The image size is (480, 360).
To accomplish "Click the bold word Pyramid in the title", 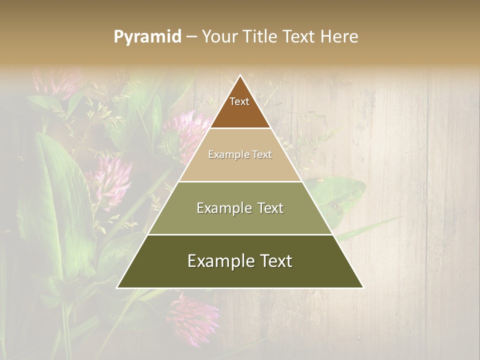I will [x=147, y=37].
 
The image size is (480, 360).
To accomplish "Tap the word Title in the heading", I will [x=260, y=36].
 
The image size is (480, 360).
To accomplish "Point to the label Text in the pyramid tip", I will [x=239, y=101].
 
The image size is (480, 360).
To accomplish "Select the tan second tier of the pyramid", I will [x=240, y=167].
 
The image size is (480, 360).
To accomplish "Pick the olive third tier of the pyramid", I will [x=240, y=220].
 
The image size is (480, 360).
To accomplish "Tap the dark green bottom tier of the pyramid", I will [x=240, y=275].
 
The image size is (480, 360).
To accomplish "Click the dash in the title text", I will [x=191, y=37].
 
